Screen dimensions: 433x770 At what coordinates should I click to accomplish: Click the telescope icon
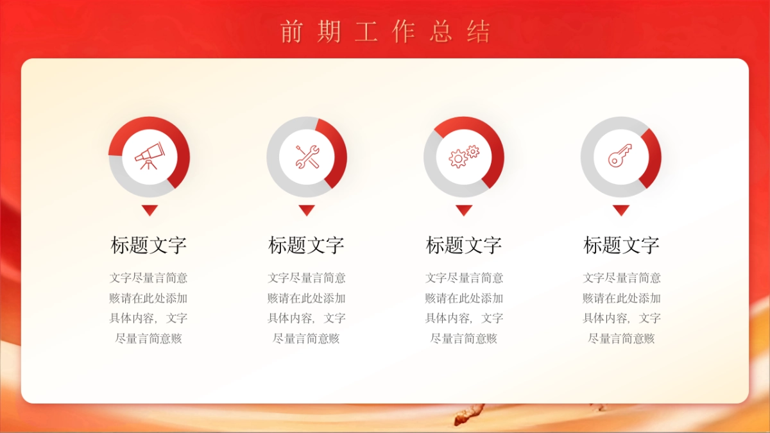point(149,157)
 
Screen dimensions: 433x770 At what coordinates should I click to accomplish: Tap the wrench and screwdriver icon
point(307,157)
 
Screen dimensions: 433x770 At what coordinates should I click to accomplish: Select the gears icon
point(463,157)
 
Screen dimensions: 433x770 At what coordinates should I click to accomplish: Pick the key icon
point(620,157)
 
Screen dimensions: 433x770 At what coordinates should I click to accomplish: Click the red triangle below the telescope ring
point(149,210)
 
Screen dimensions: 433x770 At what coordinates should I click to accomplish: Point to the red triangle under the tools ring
point(307,210)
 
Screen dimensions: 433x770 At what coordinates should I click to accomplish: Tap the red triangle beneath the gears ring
point(463,210)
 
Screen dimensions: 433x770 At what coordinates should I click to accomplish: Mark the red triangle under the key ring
point(620,210)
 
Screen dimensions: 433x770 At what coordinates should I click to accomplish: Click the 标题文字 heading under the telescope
point(149,245)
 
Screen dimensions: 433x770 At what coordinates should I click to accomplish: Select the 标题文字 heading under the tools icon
point(307,245)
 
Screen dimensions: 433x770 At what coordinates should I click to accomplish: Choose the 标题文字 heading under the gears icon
point(463,245)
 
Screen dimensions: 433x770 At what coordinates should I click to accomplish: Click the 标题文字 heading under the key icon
point(620,245)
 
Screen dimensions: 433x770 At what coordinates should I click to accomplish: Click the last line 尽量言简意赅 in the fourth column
point(620,339)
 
